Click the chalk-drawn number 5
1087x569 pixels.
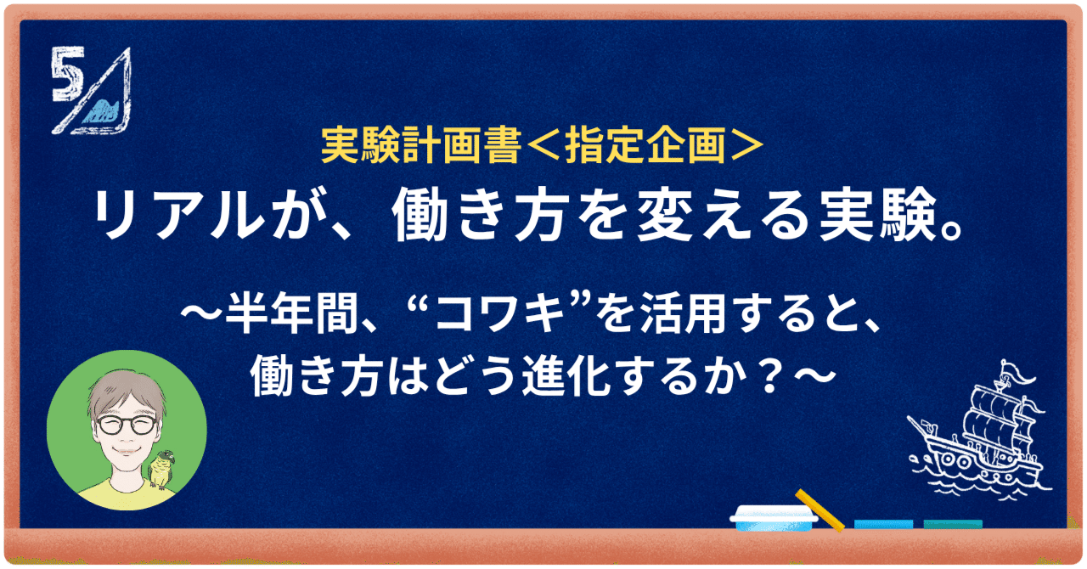(x=67, y=76)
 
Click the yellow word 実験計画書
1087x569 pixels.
(x=420, y=146)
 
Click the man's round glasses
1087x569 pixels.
(x=127, y=425)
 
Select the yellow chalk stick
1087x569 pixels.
(x=820, y=510)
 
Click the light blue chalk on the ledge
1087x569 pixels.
(x=883, y=524)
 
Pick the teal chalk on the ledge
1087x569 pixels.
(x=953, y=524)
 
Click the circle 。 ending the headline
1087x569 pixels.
(x=950, y=230)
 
